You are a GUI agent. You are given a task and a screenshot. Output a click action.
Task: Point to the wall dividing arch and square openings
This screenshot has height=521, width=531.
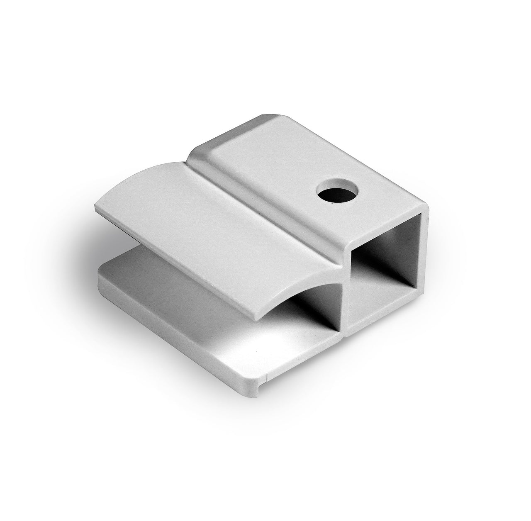pos(345,299)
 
